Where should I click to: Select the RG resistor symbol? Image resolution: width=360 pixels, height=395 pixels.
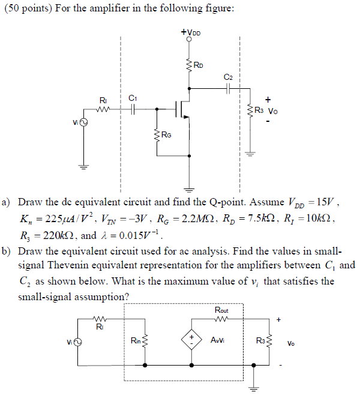click(157, 135)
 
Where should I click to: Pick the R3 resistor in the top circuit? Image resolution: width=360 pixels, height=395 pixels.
click(250, 111)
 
